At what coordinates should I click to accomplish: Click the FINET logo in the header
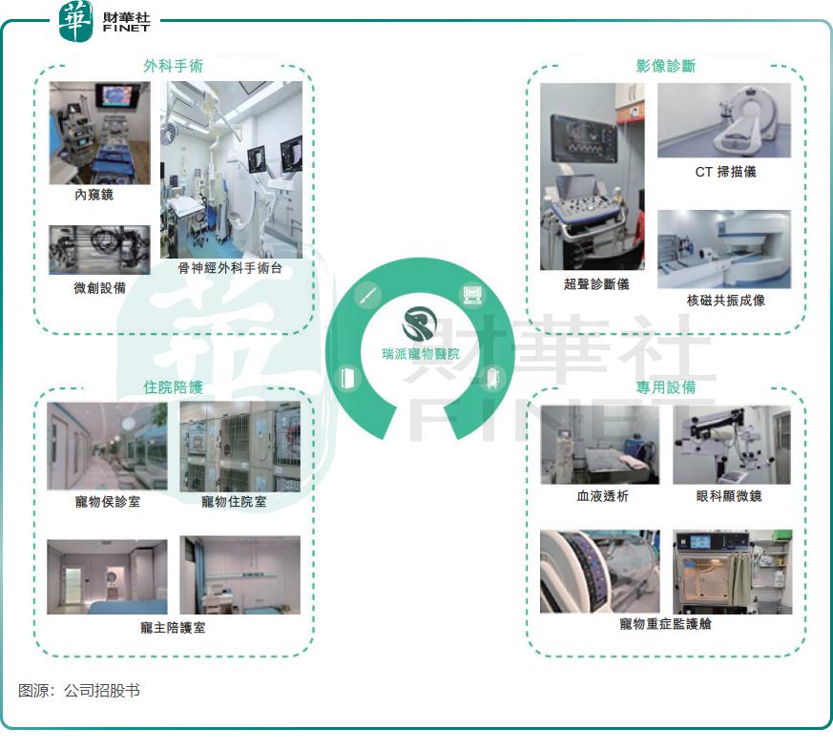point(105,21)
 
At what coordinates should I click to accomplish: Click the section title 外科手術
point(174,66)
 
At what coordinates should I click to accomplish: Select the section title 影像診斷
point(666,66)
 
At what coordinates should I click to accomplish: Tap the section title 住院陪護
point(174,387)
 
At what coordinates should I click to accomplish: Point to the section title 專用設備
point(666,387)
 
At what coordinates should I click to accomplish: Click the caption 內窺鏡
point(94,195)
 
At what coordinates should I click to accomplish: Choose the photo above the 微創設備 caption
point(99,250)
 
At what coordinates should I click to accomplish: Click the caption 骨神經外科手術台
point(230,268)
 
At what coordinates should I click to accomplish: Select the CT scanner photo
point(724,120)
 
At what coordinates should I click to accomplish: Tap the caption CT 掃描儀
point(726,172)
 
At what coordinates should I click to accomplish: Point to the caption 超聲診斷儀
point(596,284)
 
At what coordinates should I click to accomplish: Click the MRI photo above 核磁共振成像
point(724,249)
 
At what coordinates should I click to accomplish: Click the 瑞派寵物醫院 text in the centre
point(421,354)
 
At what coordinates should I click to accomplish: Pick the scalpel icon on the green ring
point(367,294)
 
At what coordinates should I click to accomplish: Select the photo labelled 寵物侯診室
point(107,447)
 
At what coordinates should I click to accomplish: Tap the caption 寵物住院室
point(234,502)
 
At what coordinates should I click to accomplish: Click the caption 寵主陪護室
point(173,628)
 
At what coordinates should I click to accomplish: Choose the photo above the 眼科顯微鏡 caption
point(732,446)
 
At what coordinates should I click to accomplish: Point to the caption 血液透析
point(603,496)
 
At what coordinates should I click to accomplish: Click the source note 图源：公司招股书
point(79,691)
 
